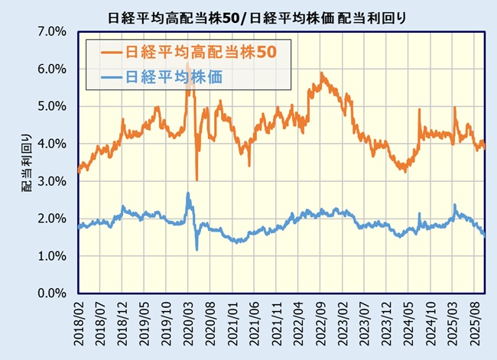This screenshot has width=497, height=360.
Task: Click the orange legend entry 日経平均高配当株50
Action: pyautogui.click(x=188, y=52)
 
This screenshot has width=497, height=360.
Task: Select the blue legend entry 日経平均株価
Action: pyautogui.click(x=171, y=76)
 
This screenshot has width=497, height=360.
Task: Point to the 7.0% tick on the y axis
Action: pyautogui.click(x=54, y=31)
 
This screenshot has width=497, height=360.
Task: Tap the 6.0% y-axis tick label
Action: pyautogui.click(x=54, y=69)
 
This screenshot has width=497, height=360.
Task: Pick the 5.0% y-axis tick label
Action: pyautogui.click(x=54, y=106)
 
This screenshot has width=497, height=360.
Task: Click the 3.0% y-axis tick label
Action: pyautogui.click(x=54, y=181)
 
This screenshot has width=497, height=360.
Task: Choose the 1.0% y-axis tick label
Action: pyautogui.click(x=54, y=256)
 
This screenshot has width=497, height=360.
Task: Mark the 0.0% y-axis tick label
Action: pyautogui.click(x=54, y=294)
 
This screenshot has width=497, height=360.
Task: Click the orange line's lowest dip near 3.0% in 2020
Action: pyautogui.click(x=197, y=180)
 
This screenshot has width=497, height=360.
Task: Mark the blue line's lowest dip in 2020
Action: pyautogui.click(x=197, y=250)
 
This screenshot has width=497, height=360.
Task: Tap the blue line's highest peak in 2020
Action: pyautogui.click(x=188, y=193)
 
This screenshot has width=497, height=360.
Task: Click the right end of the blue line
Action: pyautogui.click(x=484, y=236)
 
